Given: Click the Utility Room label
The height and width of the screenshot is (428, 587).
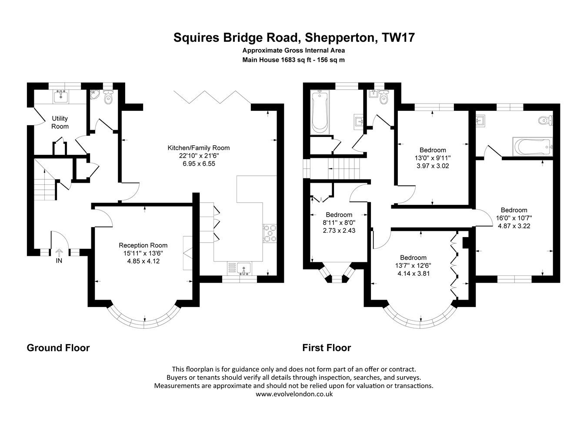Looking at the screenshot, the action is (x=60, y=122).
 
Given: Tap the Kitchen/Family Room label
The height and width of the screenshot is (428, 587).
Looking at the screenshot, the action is (x=199, y=148).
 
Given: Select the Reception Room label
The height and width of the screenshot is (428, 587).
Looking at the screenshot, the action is (x=143, y=245).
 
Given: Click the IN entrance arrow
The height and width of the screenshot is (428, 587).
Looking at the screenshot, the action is (x=59, y=253).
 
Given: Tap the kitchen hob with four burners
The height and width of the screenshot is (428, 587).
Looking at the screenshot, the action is (x=270, y=233).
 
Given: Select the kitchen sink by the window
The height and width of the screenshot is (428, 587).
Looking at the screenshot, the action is (x=243, y=269).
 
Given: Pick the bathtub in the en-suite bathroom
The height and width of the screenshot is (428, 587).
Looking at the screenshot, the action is (x=533, y=147).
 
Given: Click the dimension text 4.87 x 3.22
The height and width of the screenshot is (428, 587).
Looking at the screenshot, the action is (x=514, y=226).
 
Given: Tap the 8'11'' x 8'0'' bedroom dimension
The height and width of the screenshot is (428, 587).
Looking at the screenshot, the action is (x=339, y=223).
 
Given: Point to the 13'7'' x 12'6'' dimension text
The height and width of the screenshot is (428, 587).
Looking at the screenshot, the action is (x=413, y=265).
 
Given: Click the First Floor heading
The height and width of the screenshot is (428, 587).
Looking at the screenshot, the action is (x=327, y=348).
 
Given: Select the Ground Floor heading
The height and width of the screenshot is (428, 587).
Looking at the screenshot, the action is (x=58, y=348).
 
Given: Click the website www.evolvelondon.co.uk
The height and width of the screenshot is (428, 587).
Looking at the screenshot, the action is (x=294, y=394).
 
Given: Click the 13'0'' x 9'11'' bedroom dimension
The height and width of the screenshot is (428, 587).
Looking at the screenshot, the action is (x=432, y=158).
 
